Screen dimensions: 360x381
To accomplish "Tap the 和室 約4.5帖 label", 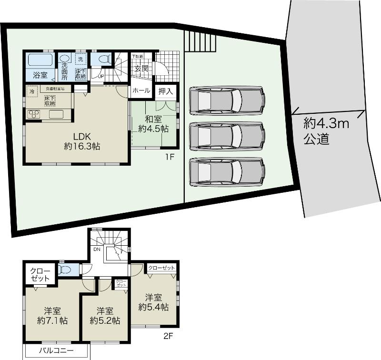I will tap(153, 123).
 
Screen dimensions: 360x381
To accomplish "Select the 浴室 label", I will tap(40, 75).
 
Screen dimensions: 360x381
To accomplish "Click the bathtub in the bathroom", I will tap(40, 60).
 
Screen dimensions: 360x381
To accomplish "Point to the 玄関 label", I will tap(141, 68).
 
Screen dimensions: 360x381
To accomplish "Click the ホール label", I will tap(141, 90).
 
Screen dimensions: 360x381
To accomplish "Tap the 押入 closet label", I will tap(165, 90).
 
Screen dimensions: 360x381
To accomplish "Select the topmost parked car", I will tap(227, 100).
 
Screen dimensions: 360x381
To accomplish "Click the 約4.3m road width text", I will tap(327, 125).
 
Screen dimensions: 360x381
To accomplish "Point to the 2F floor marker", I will tap(168, 335).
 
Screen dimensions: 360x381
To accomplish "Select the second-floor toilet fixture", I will tap(64, 270).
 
